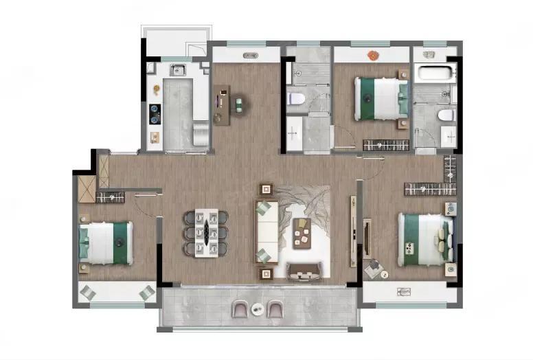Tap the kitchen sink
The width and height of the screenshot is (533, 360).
click(x=178, y=69)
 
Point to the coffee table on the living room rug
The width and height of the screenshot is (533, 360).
click(x=301, y=232)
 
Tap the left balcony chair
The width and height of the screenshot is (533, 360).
click(x=241, y=310)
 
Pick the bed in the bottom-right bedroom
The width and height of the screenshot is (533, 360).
click(x=424, y=238)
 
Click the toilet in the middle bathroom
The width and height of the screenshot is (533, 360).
click(x=296, y=99)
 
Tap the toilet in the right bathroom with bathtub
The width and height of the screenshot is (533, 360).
click(x=447, y=115)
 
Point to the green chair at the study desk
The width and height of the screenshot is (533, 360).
click(x=239, y=105)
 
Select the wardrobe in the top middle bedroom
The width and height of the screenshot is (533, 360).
click(x=386, y=145)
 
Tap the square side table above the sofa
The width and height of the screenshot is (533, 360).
click(x=266, y=190)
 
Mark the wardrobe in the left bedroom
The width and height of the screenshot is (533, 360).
click(x=110, y=198)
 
